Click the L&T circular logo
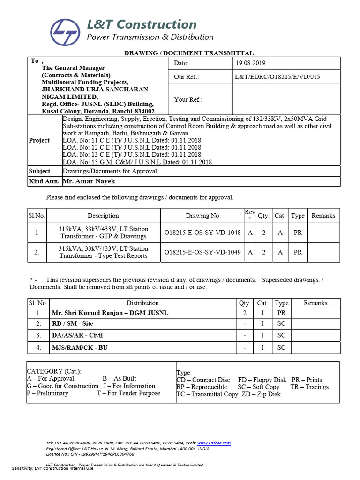pyautogui.click(x=65, y=30)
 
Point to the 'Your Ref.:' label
pyautogui.click(x=188, y=99)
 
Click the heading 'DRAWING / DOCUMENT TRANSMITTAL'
pyautogui.click(x=188, y=53)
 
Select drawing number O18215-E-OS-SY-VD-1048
pyautogui.click(x=202, y=232)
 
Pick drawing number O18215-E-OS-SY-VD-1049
pyautogui.click(x=202, y=252)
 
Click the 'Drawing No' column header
pyautogui.click(x=202, y=216)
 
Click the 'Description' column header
pyautogui.click(x=103, y=216)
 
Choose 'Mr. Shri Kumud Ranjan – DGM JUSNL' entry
pyautogui.click(x=110, y=313)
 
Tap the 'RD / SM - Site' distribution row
pyautogui.click(x=72, y=324)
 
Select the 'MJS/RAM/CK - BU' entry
pyautogui.click(x=75, y=347)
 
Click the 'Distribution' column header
pyautogui.click(x=142, y=303)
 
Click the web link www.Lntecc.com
pyautogui.click(x=214, y=443)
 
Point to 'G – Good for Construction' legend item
pyautogui.click(x=64, y=386)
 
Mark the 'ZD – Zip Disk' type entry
pyautogui.click(x=261, y=394)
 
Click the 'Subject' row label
pyautogui.click(x=39, y=171)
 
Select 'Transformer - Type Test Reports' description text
pyautogui.click(x=103, y=256)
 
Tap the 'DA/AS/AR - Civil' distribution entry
pyautogui.click(x=77, y=336)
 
